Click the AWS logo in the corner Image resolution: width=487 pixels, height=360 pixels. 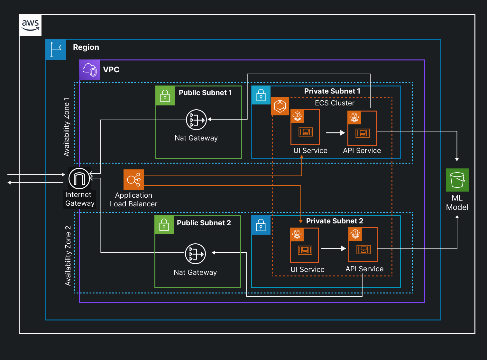point(30,25)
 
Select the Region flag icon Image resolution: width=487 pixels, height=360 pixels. point(56,50)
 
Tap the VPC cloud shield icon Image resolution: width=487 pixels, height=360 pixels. point(90,70)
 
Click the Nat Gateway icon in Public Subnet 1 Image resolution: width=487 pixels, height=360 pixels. point(196,120)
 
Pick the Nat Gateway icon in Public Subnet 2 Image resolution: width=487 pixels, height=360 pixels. point(195,254)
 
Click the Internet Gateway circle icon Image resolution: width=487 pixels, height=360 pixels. point(79,178)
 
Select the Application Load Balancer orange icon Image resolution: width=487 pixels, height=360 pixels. point(133,180)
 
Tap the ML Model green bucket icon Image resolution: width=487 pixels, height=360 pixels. point(457,180)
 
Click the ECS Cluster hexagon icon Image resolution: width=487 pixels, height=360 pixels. point(280,106)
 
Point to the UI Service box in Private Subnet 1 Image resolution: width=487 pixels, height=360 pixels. point(305,127)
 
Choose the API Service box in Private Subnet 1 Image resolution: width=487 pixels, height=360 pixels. point(362,128)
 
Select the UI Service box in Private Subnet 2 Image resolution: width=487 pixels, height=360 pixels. point(304,245)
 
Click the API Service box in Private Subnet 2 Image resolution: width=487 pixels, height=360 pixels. point(363,245)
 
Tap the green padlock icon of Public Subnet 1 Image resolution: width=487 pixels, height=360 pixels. point(165,96)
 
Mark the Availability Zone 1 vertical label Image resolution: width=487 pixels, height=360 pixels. point(67,127)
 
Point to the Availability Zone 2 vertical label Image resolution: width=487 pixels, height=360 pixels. point(68,256)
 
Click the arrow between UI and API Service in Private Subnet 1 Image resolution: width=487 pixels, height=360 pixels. point(335,133)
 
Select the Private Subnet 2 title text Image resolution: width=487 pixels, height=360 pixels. point(335,221)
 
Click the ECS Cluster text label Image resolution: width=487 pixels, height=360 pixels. point(335,103)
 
